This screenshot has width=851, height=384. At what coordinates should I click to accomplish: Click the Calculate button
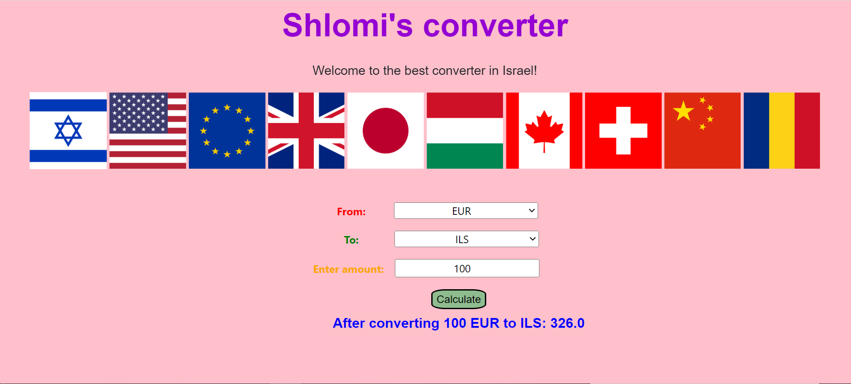point(459,299)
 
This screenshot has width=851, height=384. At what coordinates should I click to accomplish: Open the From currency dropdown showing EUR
point(466,211)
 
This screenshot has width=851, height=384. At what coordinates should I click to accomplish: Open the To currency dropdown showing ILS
point(466,239)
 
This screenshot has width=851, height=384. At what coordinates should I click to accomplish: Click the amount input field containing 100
point(467,268)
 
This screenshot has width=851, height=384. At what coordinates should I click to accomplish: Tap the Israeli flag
point(68,131)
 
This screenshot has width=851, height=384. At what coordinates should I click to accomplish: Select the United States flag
point(148,131)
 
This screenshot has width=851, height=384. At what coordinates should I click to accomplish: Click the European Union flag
point(227,131)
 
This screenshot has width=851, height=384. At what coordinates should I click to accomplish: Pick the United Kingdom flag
point(306,131)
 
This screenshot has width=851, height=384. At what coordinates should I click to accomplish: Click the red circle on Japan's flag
point(385,131)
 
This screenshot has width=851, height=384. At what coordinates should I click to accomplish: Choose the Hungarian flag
point(465,131)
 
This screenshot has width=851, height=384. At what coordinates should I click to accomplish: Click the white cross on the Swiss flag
point(623,131)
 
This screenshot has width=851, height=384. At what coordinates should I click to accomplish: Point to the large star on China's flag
point(683,111)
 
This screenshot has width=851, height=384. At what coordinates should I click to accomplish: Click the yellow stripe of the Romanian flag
point(782,131)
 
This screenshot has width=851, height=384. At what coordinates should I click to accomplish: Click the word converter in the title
point(496,26)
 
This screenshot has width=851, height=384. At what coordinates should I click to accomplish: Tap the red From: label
point(351,212)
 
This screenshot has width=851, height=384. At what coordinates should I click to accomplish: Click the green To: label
point(351,240)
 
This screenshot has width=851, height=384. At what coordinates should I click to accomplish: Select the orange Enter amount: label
point(348,269)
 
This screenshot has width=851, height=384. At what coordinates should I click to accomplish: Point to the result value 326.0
point(567,323)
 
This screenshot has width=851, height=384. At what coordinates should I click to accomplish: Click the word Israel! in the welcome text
point(519,71)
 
